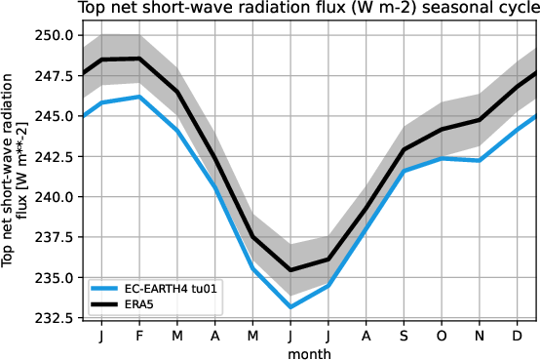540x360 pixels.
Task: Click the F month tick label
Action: click(x=139, y=336)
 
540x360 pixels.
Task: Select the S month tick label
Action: click(x=404, y=336)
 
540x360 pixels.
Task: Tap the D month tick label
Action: click(x=517, y=336)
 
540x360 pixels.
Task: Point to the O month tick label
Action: click(x=442, y=336)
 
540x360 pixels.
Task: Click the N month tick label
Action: click(x=479, y=336)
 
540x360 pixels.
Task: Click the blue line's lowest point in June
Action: click(x=290, y=307)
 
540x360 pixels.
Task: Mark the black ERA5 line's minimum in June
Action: click(x=290, y=270)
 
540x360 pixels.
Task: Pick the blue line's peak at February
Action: click(x=139, y=97)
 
